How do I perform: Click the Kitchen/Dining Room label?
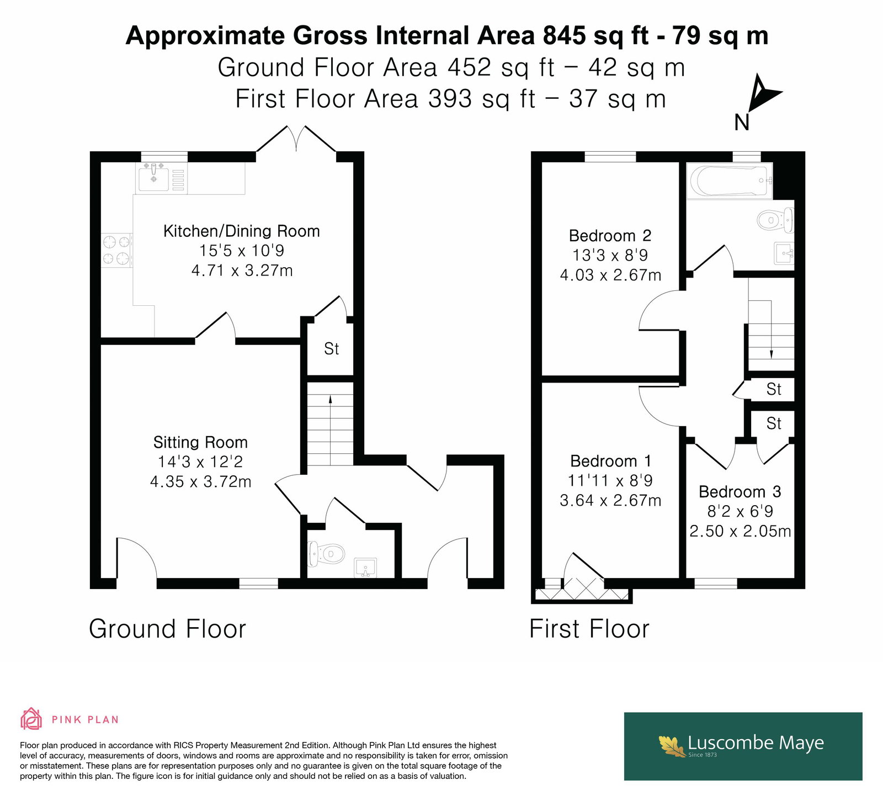pyautogui.click(x=242, y=231)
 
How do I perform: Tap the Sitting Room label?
pyautogui.click(x=200, y=442)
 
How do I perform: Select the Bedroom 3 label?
pyautogui.click(x=740, y=491)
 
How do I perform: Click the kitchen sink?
pyautogui.click(x=154, y=178)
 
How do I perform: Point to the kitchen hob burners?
pyautogui.click(x=116, y=250)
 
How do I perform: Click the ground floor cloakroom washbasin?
pyautogui.click(x=365, y=567)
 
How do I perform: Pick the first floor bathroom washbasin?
pyautogui.click(x=784, y=253)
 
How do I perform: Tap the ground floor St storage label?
pyautogui.click(x=331, y=348)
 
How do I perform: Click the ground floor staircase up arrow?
pyautogui.click(x=330, y=430)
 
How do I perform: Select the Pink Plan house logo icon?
pyautogui.click(x=31, y=719)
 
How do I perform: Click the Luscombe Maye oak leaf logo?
pyautogui.click(x=673, y=746)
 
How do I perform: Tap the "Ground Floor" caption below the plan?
pyautogui.click(x=167, y=629)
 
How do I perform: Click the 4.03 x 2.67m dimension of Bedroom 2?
pyautogui.click(x=610, y=275)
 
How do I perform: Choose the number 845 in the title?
pyautogui.click(x=564, y=36)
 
